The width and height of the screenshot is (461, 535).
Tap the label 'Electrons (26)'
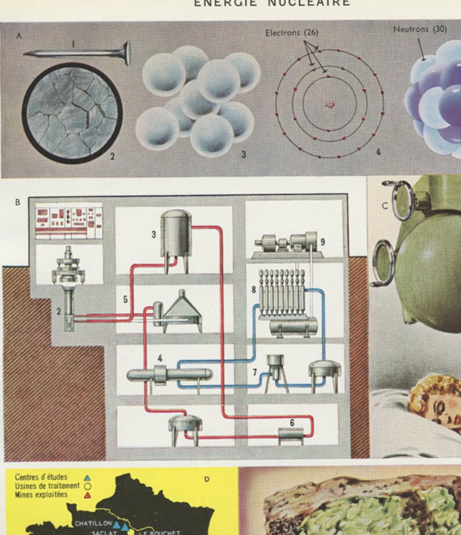click(x=292, y=33)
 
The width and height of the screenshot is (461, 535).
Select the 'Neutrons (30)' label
click(x=420, y=29)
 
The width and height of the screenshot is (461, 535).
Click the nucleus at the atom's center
click(x=330, y=105)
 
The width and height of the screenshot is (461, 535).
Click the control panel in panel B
click(x=69, y=221)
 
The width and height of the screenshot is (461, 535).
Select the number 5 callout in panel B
click(x=124, y=299)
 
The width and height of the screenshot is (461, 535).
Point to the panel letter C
click(x=384, y=205)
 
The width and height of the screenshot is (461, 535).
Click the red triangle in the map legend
click(x=87, y=495)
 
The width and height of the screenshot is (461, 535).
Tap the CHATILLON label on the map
click(x=92, y=523)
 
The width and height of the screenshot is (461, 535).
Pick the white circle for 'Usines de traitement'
click(x=87, y=486)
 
